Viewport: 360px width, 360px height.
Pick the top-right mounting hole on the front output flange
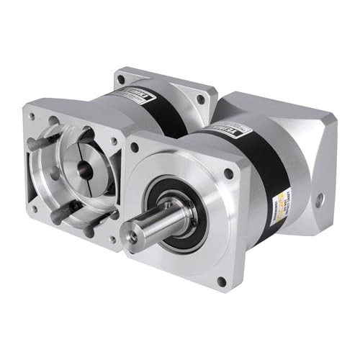click(228, 174)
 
